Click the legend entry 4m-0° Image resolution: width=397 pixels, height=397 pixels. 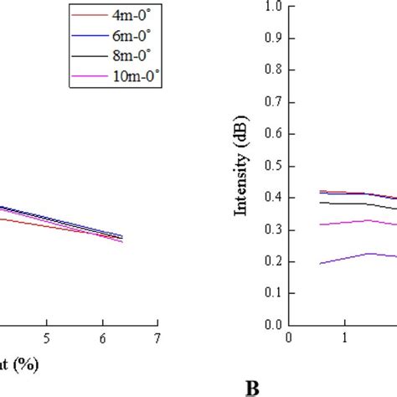(131, 15)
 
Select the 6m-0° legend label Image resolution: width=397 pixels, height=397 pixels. (131, 35)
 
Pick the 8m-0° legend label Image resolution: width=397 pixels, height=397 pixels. (131, 55)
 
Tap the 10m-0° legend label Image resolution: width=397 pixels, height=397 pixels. (136, 76)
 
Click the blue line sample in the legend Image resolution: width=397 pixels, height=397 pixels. (90, 36)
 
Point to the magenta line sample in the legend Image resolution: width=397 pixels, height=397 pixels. (90, 76)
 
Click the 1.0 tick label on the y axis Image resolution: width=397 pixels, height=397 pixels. (273, 6)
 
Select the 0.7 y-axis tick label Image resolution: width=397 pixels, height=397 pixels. (273, 101)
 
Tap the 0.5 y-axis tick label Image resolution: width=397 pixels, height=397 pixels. (273, 166)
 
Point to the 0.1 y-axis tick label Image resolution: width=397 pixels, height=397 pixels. (273, 292)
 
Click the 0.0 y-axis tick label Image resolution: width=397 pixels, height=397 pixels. (273, 325)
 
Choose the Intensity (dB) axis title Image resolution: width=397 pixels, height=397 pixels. (240, 166)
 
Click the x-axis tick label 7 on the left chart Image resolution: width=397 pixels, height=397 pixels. (157, 338)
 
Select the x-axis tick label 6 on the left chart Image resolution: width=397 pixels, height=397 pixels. (103, 338)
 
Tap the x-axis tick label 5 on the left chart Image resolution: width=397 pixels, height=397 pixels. (47, 338)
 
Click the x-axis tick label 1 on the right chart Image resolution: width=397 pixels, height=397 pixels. (345, 338)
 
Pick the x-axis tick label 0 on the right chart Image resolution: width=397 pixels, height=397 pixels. (289, 338)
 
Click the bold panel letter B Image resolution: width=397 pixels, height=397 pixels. (252, 389)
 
